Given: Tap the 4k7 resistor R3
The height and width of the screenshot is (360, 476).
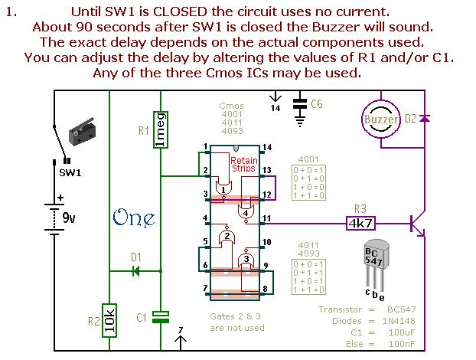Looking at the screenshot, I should [360, 224].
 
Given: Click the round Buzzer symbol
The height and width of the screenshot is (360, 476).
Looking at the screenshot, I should [380, 119].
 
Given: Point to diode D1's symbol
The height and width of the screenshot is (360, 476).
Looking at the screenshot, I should [135, 270].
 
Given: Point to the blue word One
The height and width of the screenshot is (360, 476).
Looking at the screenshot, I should [133, 218].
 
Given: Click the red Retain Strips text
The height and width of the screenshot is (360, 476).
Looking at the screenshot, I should [243, 165].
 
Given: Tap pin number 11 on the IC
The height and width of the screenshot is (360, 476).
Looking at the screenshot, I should [266, 219].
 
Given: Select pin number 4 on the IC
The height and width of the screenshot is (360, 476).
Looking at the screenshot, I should [205, 219].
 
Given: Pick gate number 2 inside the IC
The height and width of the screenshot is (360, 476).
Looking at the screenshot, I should [226, 237].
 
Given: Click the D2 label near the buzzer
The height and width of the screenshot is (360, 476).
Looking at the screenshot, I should [411, 119].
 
